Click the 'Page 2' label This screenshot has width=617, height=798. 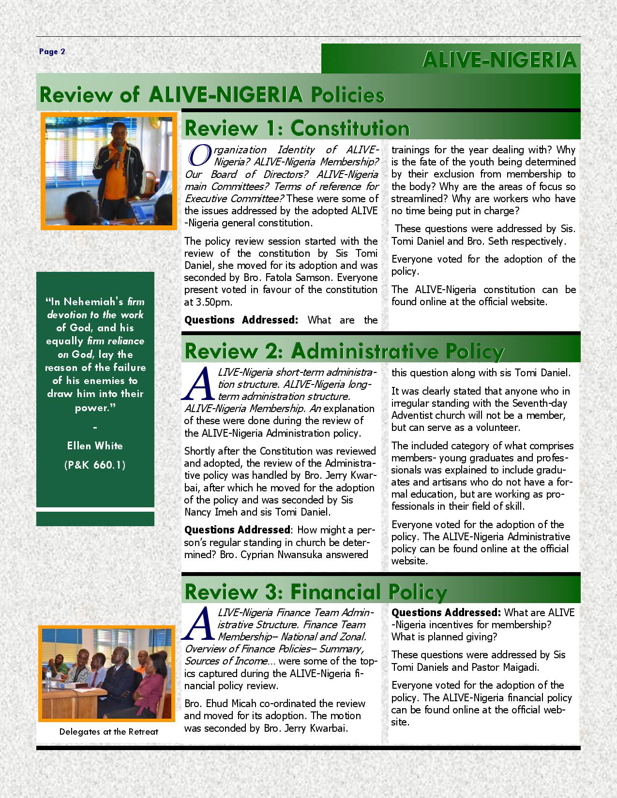point(52,52)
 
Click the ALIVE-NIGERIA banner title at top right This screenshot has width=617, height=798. point(499,60)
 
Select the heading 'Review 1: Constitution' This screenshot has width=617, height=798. point(297,128)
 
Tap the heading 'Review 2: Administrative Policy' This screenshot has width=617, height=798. point(344,351)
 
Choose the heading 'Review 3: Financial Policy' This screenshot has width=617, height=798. point(316,591)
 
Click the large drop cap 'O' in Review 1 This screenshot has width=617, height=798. point(198,154)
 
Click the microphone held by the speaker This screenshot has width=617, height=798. point(118,155)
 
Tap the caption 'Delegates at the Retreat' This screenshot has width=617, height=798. point(108,731)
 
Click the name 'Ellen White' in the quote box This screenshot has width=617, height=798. point(95,445)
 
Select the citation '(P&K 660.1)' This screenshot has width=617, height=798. point(95,465)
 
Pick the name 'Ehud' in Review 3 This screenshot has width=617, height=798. point(216,704)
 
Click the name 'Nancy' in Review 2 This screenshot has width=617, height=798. point(198,512)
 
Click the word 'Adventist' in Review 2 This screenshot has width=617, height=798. point(412,415)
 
